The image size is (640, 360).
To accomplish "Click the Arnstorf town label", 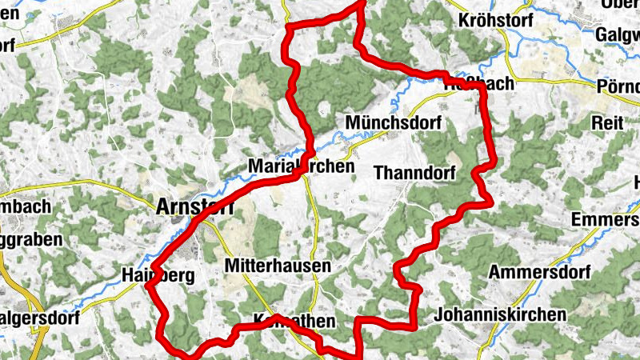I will click(196, 206).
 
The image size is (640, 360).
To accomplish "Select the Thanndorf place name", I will click(414, 172).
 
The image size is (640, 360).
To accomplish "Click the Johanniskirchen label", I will click(499, 314).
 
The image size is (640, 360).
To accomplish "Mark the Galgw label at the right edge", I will click(618, 34).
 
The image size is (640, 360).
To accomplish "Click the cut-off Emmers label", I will click(605, 220).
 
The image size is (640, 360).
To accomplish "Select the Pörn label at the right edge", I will click(619, 86).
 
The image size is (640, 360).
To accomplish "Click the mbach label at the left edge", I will click(26, 206).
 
